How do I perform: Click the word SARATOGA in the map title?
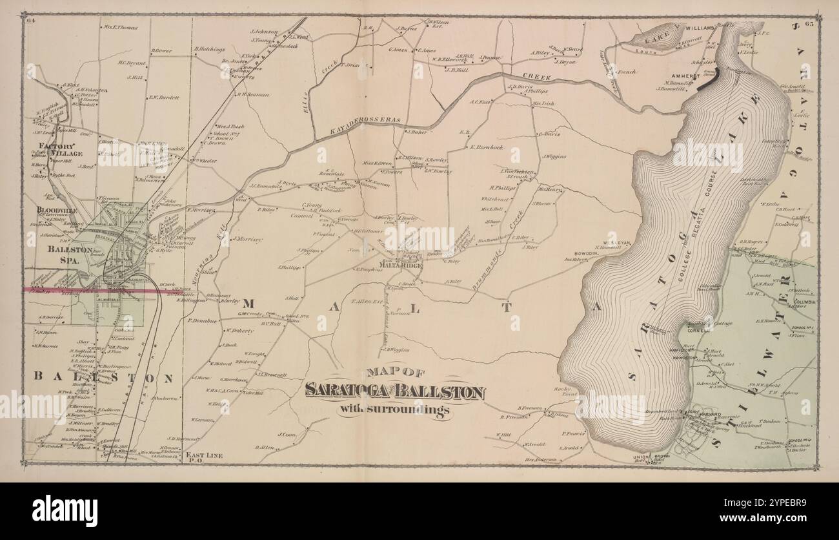(339, 391)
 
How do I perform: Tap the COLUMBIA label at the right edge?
(804, 302)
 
